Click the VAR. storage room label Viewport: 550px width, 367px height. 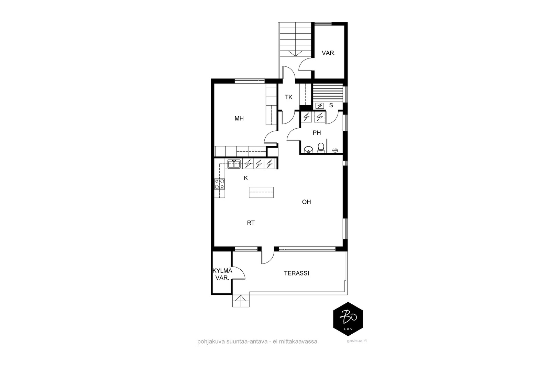pos(329,53)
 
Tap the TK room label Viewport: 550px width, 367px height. pos(289,97)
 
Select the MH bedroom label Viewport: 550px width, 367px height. pos(239,119)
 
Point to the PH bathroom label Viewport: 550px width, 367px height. pos(317,133)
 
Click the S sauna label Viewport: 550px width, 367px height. pos(331,105)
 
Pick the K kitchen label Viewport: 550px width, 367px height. pos(246,179)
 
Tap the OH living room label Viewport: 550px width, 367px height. pos(306,202)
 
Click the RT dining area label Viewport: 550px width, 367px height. pos(251,223)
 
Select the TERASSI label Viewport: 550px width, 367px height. pos(296,273)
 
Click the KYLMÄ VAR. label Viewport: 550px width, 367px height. pos(222,274)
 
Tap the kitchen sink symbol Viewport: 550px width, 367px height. pos(234,164)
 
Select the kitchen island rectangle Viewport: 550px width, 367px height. pos(261,192)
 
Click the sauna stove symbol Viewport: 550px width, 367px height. pos(320,106)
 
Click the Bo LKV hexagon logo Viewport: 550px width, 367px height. pos(348,319)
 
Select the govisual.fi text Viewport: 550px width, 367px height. pos(357,341)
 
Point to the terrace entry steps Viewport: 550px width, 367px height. pos(241,301)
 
